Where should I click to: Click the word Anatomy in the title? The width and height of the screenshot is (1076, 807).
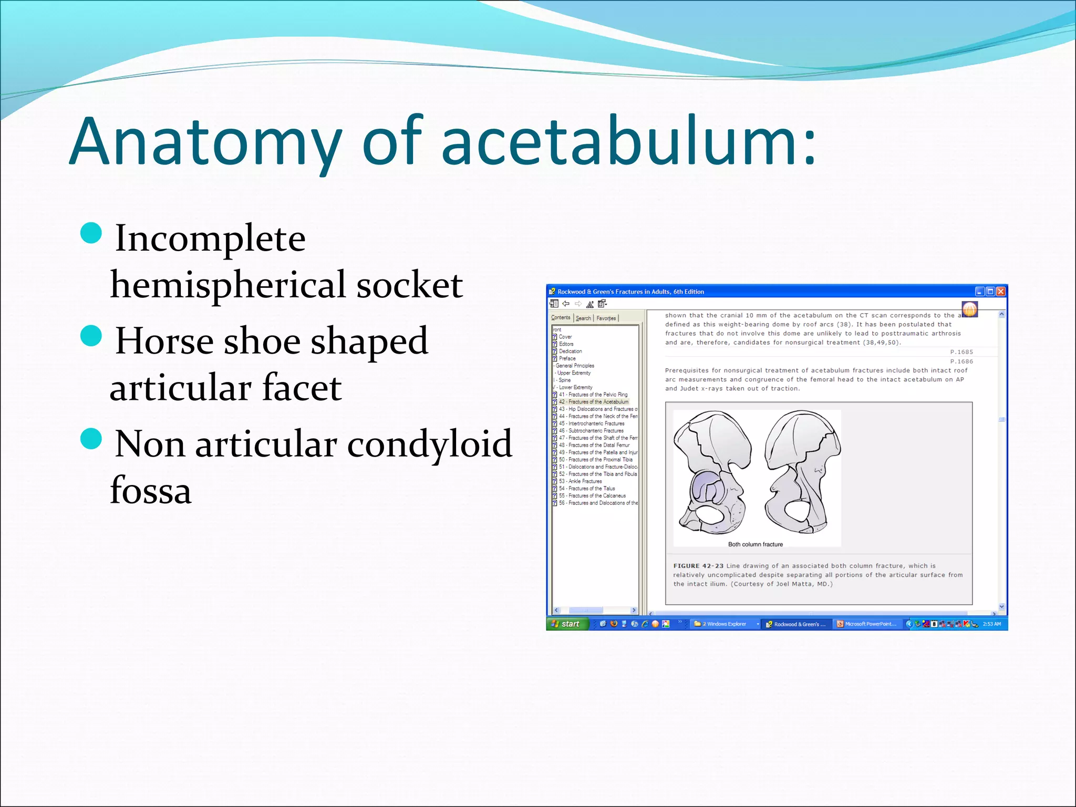(x=205, y=142)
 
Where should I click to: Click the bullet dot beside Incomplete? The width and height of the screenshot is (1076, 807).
(x=91, y=233)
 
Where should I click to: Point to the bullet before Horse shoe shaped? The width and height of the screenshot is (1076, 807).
(x=91, y=336)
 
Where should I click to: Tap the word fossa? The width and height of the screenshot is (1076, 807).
(x=151, y=490)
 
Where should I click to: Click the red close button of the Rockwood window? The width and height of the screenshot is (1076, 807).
(x=1000, y=292)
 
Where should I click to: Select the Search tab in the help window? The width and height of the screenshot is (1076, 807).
(x=583, y=318)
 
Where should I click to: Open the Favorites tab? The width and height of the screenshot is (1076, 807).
(x=606, y=318)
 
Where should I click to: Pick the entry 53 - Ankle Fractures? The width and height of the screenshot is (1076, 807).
(x=580, y=481)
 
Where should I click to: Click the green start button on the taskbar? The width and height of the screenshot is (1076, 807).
(x=567, y=624)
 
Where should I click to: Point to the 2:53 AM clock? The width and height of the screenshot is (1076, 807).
(x=991, y=624)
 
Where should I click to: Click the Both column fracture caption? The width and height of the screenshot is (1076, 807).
(x=755, y=544)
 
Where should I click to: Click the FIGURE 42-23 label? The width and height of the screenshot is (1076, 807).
(x=698, y=566)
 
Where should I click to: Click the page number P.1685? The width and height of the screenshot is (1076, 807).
(x=961, y=352)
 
